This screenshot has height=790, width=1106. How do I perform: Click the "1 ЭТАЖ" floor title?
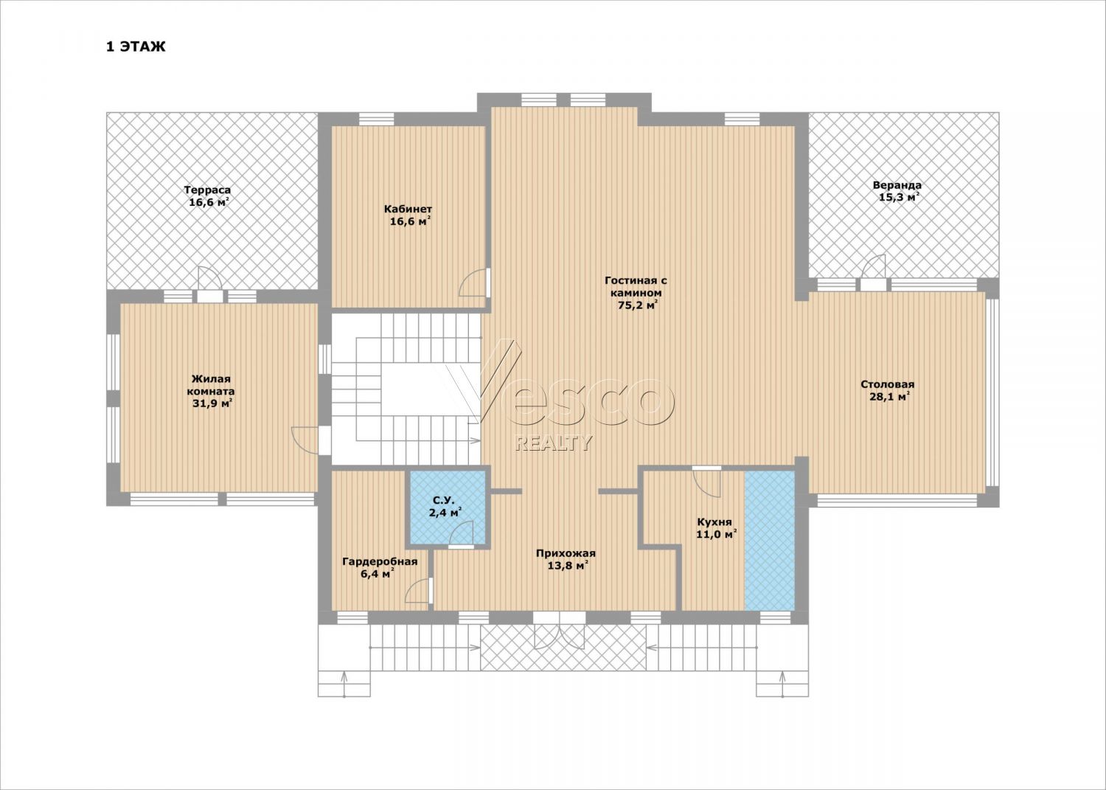pos(136,47)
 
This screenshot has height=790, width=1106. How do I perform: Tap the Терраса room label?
pos(207,190)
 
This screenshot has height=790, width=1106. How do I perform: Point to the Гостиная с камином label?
pos(636,286)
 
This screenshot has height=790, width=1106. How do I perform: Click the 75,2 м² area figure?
pos(638,305)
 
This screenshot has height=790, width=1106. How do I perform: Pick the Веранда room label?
pos(897,185)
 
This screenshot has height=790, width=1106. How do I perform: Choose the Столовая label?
pos(887,384)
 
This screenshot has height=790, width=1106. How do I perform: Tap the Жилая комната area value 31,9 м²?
pos(212,403)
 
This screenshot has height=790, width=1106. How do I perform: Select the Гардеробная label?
pos(380,562)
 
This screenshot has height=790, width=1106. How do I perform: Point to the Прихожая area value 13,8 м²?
pos(568,566)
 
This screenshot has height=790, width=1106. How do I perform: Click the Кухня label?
pos(714,522)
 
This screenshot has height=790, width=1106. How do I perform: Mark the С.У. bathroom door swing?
pos(462,534)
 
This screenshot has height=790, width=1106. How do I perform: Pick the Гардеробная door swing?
pos(419,590)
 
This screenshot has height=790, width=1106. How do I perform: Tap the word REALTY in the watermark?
pos(553,443)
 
